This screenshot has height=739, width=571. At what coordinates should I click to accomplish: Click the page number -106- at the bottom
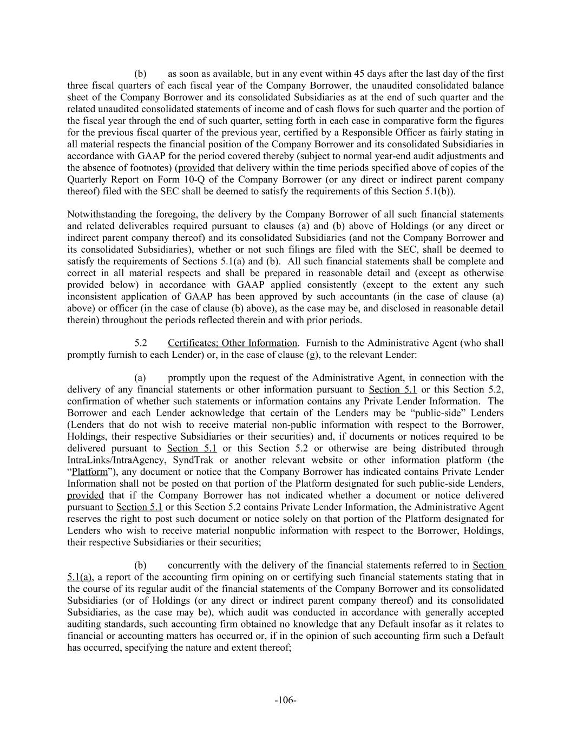(285, 700)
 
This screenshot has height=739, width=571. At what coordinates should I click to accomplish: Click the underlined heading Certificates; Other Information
(232, 343)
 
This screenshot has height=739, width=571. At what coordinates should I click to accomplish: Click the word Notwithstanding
(101, 214)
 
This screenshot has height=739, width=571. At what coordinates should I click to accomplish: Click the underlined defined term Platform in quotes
(90, 472)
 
